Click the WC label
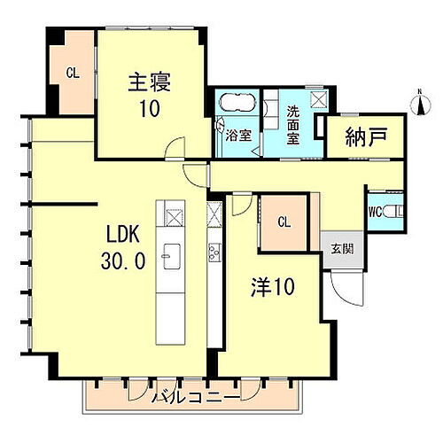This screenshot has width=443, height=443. tap(374, 212)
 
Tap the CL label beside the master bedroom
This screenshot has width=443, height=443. tap(74, 74)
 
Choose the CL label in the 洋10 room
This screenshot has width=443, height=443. tap(284, 222)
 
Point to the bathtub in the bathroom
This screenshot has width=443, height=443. tap(236, 105)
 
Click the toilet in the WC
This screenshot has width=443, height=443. tap(396, 211)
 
